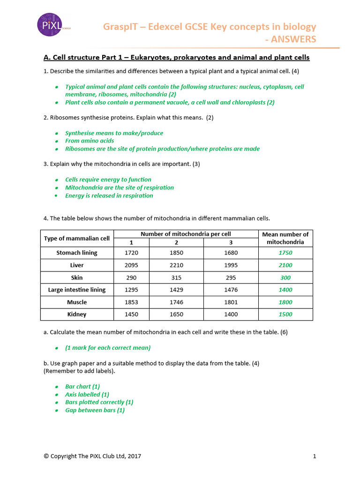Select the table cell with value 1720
click(132, 253)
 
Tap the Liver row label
click(77, 265)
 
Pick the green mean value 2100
click(285, 265)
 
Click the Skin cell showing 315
click(176, 277)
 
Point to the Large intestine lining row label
click(77, 290)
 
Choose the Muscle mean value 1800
click(285, 302)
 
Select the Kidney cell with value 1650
click(176, 315)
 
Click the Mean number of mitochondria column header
click(285, 238)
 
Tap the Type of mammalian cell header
click(77, 238)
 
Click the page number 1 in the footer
click(315, 456)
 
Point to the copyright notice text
click(92, 456)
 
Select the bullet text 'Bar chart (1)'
click(82, 387)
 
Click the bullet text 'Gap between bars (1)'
click(95, 410)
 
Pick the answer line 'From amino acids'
click(90, 141)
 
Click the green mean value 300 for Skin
click(285, 277)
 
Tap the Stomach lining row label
click(77, 253)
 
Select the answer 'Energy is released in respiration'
click(109, 195)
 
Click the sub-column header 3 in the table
click(231, 242)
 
